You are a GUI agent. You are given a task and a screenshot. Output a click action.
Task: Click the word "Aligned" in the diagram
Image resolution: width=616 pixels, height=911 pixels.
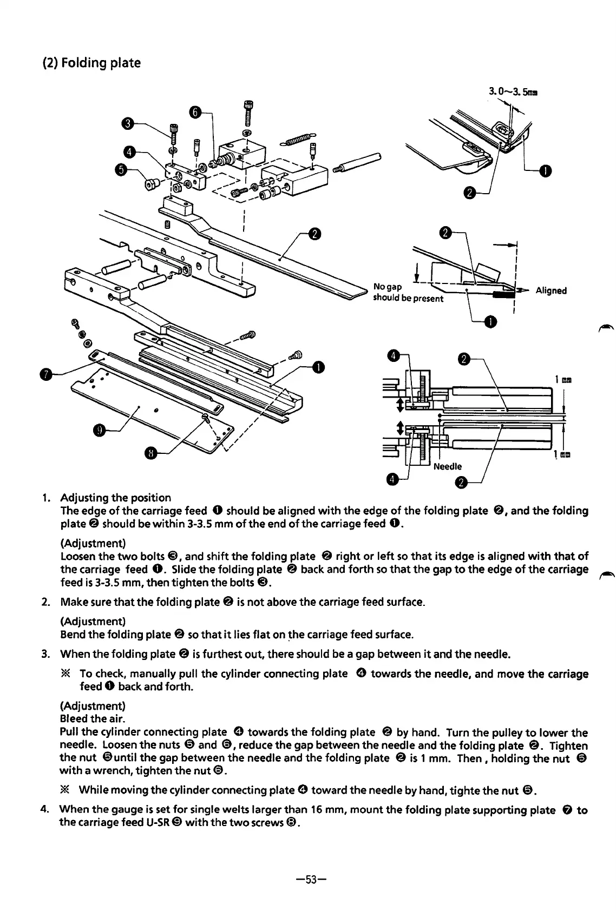[x=551, y=291]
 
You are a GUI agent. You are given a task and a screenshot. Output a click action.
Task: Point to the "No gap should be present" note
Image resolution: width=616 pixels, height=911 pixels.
[x=408, y=292]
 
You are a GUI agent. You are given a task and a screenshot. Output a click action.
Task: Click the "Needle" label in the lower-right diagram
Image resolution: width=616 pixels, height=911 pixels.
[x=448, y=466]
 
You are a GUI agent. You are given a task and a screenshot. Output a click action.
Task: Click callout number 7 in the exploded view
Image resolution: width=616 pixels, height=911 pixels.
[x=48, y=374]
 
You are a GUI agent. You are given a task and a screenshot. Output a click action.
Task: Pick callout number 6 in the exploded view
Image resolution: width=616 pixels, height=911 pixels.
[x=196, y=112]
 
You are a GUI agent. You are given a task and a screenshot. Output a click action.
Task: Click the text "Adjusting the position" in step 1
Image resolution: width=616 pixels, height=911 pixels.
[x=115, y=497]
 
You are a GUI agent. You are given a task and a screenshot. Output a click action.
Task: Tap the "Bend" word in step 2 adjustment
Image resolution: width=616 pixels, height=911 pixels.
[x=71, y=633]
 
